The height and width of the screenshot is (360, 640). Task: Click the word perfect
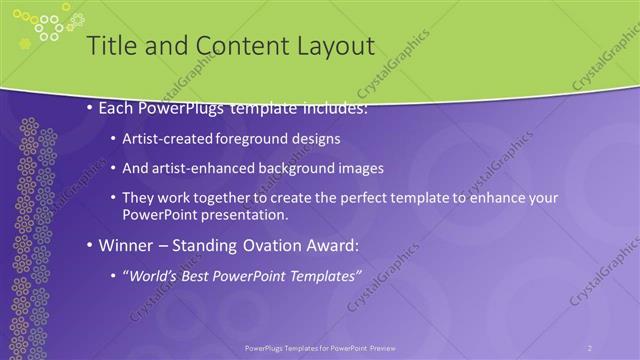point(375,198)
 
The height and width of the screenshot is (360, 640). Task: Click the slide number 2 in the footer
point(589,347)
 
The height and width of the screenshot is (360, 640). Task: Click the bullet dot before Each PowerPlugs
point(90,107)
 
